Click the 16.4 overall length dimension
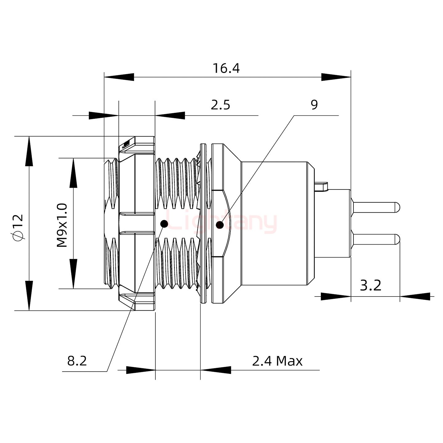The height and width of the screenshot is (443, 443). pyautogui.click(x=226, y=68)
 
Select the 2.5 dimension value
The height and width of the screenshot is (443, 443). pyautogui.click(x=220, y=105)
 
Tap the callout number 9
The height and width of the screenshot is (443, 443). pyautogui.click(x=314, y=105)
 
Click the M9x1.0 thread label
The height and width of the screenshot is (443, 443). pyautogui.click(x=62, y=225)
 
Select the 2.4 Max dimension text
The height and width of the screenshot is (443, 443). pyautogui.click(x=277, y=361)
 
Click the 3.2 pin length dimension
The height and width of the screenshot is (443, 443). pyautogui.click(x=370, y=285)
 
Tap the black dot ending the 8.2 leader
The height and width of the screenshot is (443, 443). pyautogui.click(x=164, y=224)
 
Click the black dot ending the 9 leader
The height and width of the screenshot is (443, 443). pyautogui.click(x=220, y=225)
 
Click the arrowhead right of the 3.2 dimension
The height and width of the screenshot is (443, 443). pyautogui.click(x=415, y=296)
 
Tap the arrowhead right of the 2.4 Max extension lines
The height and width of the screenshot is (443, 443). pyautogui.click(x=215, y=370)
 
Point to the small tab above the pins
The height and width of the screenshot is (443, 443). pyautogui.click(x=322, y=186)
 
